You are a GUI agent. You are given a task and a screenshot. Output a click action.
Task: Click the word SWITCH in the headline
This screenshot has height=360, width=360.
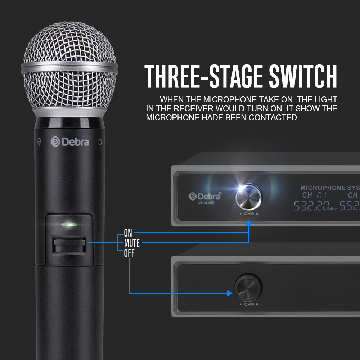click(303, 76)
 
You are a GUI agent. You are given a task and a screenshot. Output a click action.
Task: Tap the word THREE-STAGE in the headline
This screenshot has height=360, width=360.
click(203, 76)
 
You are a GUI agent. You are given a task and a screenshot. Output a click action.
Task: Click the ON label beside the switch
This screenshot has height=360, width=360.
click(128, 233)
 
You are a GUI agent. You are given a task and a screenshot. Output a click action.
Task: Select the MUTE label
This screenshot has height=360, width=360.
click(132, 243)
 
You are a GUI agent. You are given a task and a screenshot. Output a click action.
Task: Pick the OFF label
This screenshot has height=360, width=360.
click(129, 253)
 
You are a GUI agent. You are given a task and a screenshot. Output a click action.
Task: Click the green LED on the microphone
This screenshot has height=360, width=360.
click(69, 224)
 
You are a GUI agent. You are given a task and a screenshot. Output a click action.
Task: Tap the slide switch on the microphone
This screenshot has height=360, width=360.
click(69, 246)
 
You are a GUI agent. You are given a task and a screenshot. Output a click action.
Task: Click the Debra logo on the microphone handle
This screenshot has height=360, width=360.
click(70, 141)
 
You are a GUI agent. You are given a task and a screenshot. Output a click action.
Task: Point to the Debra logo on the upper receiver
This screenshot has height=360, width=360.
click(204, 196)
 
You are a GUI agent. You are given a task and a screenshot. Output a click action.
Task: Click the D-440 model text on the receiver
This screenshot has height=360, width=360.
click(206, 203)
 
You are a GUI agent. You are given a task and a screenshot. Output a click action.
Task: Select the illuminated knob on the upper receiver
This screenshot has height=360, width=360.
click(248, 197)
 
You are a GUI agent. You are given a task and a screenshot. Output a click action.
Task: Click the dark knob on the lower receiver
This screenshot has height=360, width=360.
click(248, 287)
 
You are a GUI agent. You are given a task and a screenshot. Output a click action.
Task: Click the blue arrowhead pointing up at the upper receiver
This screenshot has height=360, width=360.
click(248, 223)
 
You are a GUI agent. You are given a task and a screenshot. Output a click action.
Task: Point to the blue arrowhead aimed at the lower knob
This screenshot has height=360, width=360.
click(230, 293)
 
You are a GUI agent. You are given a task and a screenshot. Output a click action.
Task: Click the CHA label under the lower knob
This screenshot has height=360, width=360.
click(249, 304)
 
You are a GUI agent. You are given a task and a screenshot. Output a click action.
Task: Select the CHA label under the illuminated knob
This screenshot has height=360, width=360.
click(249, 214)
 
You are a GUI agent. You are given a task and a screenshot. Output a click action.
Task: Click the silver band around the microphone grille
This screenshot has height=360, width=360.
click(69, 68)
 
